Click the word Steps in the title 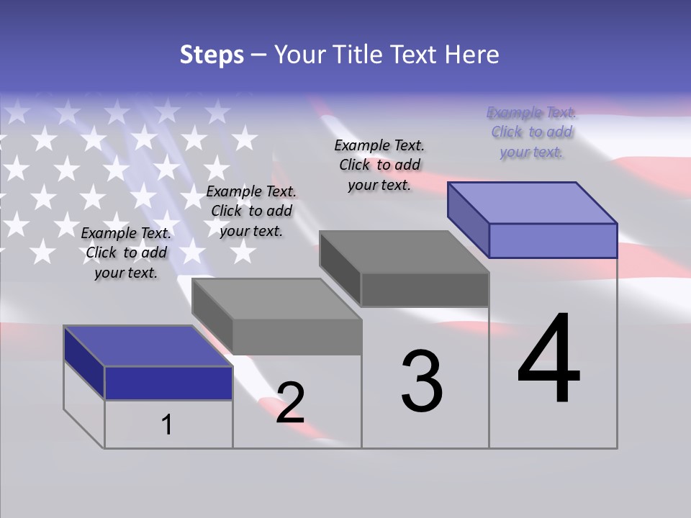click(212, 55)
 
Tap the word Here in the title click(471, 55)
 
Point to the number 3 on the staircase click(422, 381)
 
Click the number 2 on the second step click(290, 402)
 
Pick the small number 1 click(167, 424)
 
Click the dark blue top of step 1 click(148, 346)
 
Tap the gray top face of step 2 click(276, 299)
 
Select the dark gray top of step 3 click(405, 252)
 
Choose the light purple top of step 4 click(533, 202)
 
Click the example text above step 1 click(126, 253)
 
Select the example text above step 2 click(251, 211)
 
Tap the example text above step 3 click(379, 165)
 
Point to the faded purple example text click(531, 132)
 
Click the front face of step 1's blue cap click(168, 383)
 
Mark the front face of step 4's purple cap click(553, 240)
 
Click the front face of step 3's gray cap click(425, 289)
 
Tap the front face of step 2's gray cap click(297, 337)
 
